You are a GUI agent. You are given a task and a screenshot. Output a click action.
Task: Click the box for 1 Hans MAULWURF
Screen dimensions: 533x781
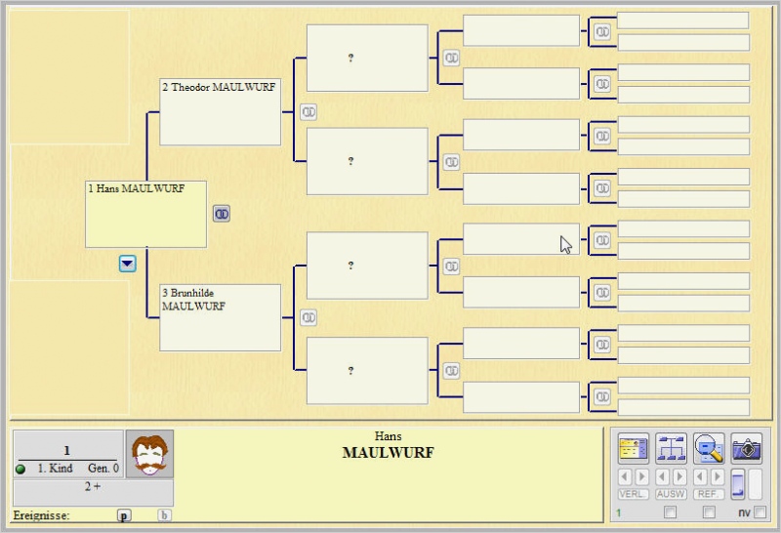click(145, 213)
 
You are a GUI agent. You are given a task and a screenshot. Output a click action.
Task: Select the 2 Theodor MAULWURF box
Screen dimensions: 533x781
click(220, 111)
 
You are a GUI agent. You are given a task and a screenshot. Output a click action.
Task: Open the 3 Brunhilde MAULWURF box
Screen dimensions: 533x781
click(220, 317)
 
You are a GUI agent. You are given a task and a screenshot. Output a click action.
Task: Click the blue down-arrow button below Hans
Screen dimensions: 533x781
click(127, 264)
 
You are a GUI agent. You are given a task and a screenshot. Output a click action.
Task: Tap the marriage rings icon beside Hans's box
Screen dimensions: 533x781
click(222, 214)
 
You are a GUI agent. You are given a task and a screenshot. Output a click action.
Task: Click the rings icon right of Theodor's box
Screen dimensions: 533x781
click(308, 112)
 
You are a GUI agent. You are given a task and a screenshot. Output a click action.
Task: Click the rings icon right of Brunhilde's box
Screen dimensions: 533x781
click(308, 317)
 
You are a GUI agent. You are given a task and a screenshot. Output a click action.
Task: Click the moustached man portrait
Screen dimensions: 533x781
click(149, 454)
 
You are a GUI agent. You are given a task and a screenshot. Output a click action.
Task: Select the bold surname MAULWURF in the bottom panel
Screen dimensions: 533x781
click(388, 453)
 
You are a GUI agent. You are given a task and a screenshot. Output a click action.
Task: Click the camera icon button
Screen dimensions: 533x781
click(747, 448)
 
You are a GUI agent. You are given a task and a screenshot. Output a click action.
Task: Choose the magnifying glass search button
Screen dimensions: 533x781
click(709, 448)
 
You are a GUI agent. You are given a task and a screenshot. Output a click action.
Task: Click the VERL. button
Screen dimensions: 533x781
click(634, 494)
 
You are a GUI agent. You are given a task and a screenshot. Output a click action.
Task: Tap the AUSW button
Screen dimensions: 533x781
click(672, 494)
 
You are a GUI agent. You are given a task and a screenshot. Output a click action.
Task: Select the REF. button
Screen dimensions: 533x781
click(709, 494)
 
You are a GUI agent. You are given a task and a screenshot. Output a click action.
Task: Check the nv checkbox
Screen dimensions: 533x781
click(760, 512)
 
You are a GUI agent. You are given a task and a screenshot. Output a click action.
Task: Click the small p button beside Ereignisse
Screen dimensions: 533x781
click(124, 515)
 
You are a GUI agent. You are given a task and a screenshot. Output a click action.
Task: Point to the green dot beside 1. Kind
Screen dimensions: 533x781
click(21, 470)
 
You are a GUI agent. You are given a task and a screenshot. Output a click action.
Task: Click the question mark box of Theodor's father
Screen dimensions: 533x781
click(367, 59)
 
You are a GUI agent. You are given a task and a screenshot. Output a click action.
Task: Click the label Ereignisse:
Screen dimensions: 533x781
click(41, 515)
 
